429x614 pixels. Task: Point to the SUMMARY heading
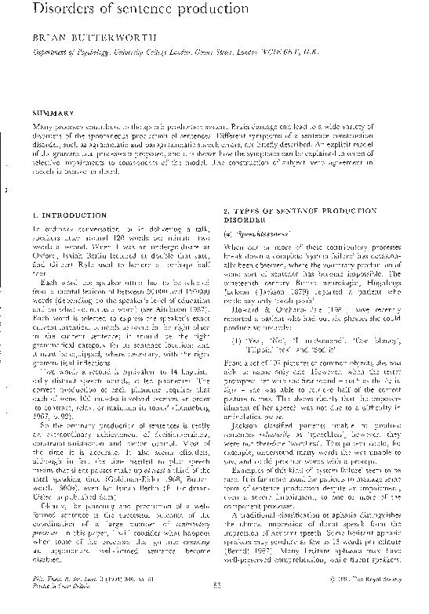click(x=53, y=113)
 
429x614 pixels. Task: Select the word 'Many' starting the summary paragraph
click(x=43, y=126)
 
